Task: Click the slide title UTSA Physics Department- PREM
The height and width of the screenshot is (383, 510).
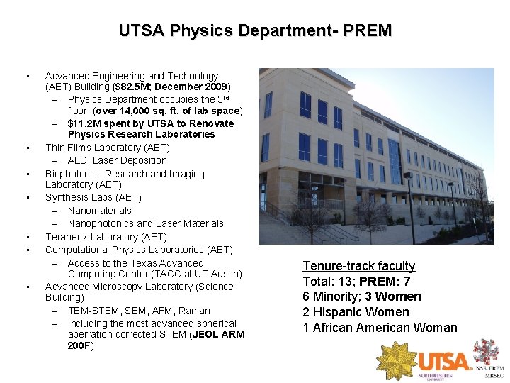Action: coord(255,31)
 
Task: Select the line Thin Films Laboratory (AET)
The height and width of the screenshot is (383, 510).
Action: coord(108,148)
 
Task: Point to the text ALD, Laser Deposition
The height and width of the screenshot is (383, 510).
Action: coord(118,160)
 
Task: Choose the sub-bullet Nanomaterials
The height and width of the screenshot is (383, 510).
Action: coord(100,211)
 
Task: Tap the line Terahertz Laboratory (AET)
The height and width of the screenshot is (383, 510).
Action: coord(106,237)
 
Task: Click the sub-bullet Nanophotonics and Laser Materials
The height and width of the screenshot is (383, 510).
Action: coord(145,223)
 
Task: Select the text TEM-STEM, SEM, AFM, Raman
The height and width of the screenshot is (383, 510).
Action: coord(139,311)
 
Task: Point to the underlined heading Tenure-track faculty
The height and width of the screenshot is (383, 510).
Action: coord(359,266)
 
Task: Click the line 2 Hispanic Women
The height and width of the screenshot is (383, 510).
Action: coord(356,312)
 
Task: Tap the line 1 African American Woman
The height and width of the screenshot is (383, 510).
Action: coord(380,328)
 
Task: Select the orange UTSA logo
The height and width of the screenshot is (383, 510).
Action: coord(444,360)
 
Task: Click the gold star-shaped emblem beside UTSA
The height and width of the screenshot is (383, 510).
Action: coord(397,360)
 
